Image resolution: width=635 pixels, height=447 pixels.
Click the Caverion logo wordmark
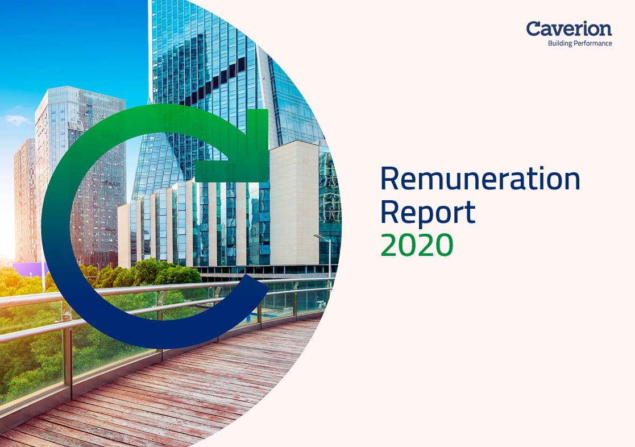click(568, 28)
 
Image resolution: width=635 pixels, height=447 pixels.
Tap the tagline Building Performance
click(579, 43)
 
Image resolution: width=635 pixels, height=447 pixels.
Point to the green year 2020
click(417, 245)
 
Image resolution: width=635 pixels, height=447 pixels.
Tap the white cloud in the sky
click(17, 119)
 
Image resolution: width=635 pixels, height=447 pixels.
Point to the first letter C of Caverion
click(533, 28)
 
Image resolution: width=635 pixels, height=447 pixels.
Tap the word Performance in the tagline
click(594, 43)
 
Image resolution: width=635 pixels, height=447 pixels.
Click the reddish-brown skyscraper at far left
click(24, 199)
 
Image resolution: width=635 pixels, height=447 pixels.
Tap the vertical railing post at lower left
click(67, 364)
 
